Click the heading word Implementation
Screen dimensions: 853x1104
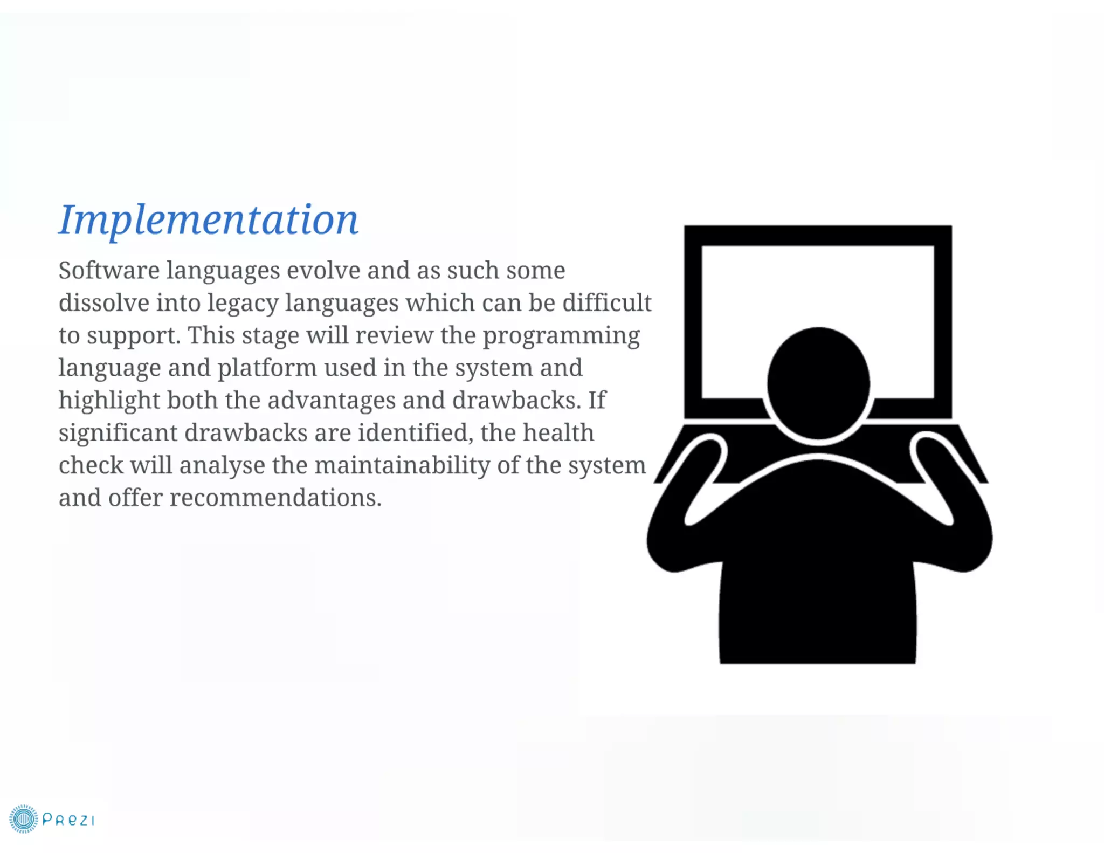click(x=208, y=220)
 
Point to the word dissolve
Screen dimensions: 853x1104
click(x=104, y=302)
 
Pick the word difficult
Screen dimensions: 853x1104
click(x=607, y=302)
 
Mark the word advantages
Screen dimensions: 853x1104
click(x=332, y=400)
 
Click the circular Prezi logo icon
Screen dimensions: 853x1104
click(x=23, y=819)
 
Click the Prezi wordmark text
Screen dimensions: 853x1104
click(x=68, y=820)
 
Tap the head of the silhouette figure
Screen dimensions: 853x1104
click(x=818, y=382)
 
